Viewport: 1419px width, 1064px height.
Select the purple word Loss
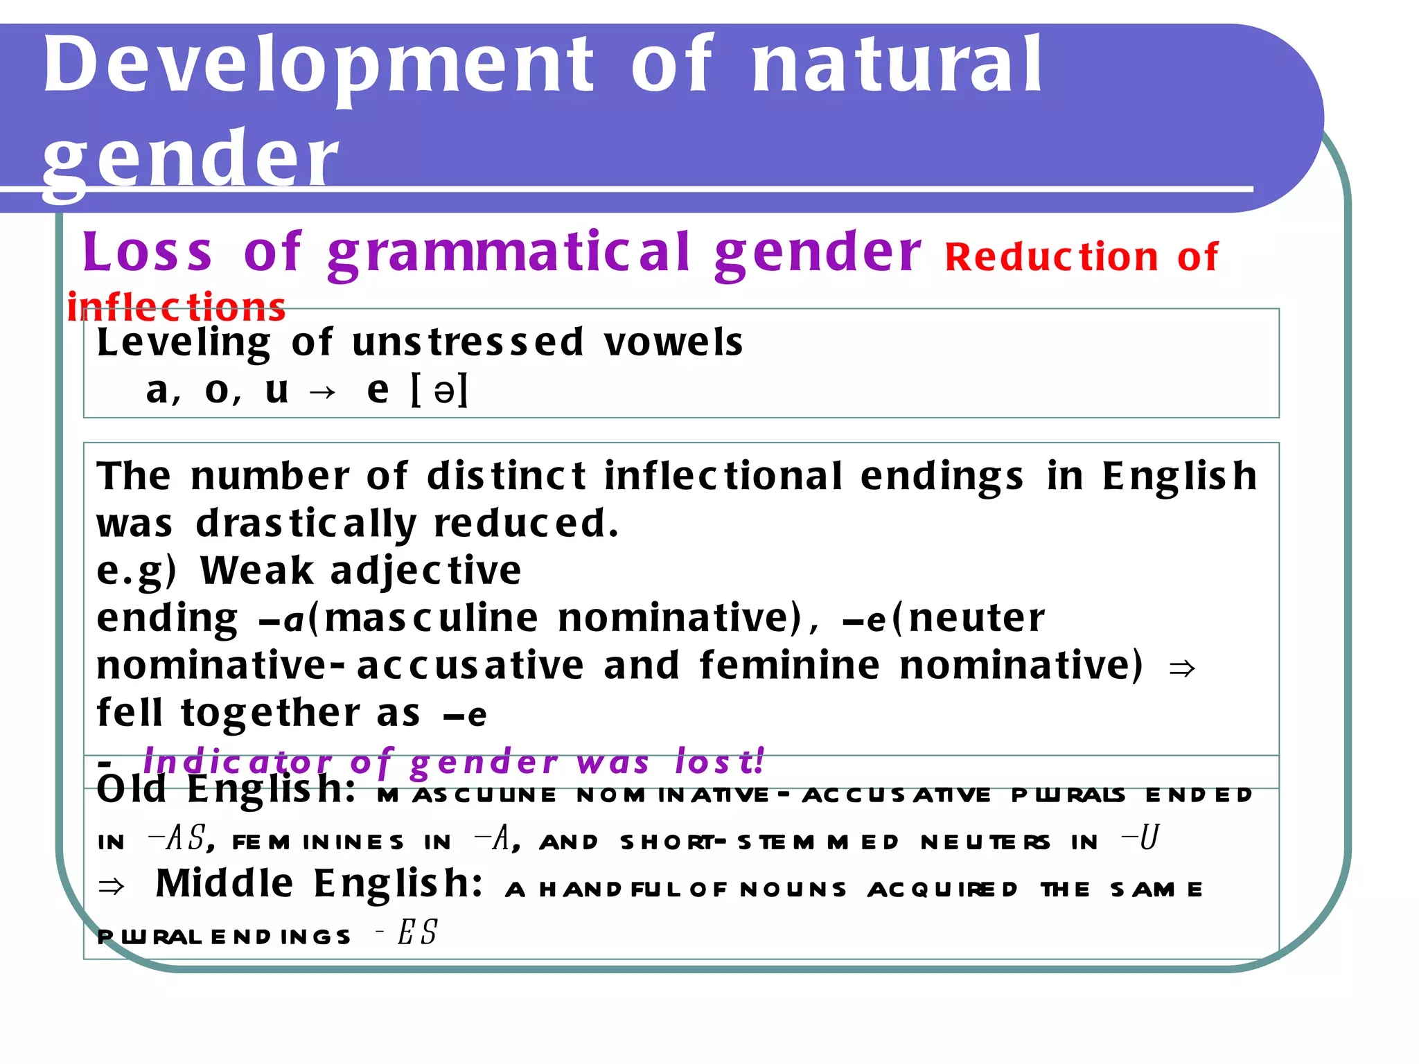pos(147,252)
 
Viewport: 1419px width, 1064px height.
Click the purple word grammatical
pos(509,254)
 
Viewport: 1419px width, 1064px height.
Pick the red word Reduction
pos(1051,257)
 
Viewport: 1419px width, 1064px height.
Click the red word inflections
pos(177,308)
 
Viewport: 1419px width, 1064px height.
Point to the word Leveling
pos(184,344)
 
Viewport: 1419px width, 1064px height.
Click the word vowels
pos(673,342)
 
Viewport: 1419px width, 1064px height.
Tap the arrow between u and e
pos(323,393)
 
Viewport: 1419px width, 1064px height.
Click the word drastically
pos(306,524)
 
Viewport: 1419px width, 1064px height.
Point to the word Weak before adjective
pos(256,571)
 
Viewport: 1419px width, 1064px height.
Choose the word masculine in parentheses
pos(431,618)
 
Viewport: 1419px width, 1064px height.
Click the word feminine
pos(790,666)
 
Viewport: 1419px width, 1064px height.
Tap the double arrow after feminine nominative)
pos(1181,668)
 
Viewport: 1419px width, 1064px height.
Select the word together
pos(270,713)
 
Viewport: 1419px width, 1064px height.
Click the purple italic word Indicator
pos(238,762)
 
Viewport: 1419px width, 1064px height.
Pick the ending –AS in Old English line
pos(177,839)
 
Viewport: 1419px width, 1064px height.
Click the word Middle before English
pos(224,885)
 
